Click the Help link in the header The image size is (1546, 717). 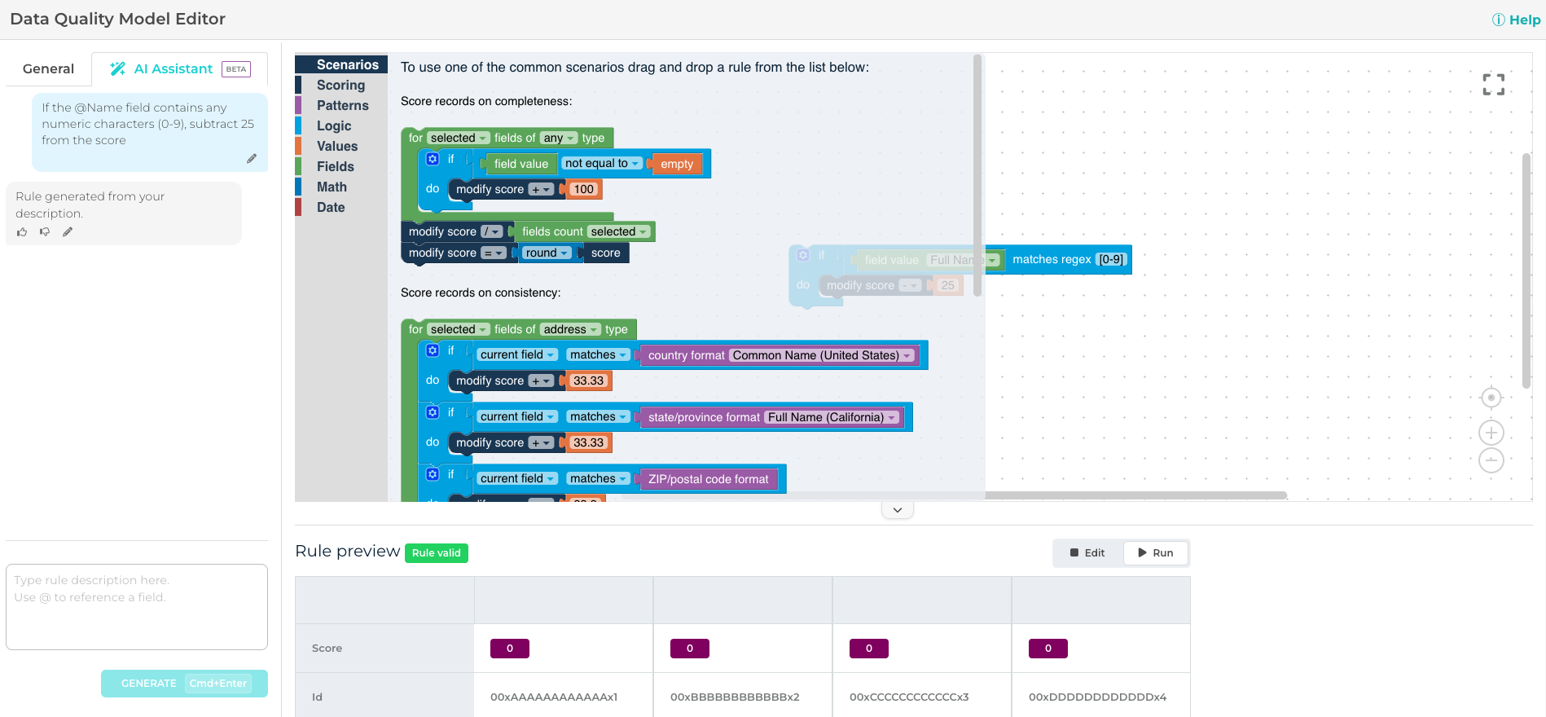click(1516, 20)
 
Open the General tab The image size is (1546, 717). click(48, 69)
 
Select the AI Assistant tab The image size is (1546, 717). click(173, 69)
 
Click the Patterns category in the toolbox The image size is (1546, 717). click(342, 106)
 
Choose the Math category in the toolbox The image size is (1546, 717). click(332, 187)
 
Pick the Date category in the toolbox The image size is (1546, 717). click(331, 208)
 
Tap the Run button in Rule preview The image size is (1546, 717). click(1155, 553)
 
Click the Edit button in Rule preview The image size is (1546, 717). click(1087, 553)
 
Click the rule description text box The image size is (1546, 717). click(137, 606)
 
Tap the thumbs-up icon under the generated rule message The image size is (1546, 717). click(22, 232)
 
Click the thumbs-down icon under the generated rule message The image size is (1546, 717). click(45, 232)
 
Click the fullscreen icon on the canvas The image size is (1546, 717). click(1493, 84)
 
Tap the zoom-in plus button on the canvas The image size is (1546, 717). click(1491, 433)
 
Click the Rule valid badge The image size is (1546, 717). click(436, 553)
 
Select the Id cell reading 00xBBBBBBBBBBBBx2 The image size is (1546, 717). click(735, 697)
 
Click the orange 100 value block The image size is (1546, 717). click(584, 190)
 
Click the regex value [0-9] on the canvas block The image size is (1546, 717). click(1111, 260)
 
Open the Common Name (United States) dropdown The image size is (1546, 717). click(822, 356)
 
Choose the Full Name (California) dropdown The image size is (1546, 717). click(832, 418)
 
